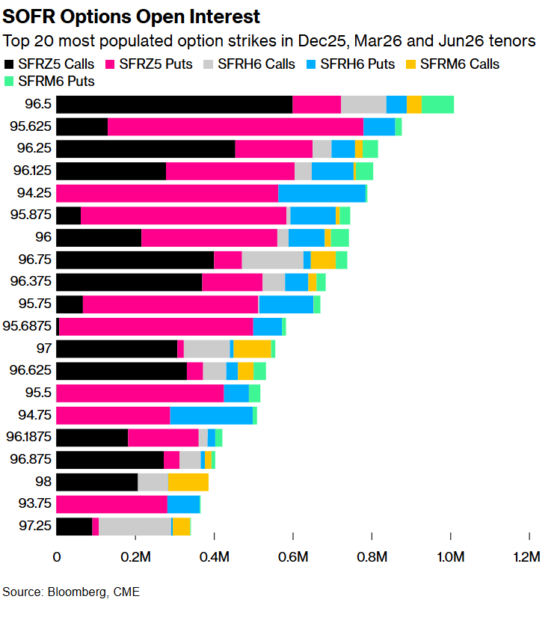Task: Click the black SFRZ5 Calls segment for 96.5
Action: [174, 105]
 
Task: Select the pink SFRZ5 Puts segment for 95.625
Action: [236, 127]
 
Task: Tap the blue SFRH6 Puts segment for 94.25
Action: [321, 194]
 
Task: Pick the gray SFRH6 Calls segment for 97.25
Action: [135, 527]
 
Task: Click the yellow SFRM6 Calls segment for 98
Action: [188, 482]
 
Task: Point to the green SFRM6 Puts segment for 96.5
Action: [437, 105]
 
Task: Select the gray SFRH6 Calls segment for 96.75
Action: [272, 260]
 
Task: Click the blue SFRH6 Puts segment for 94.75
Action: [211, 416]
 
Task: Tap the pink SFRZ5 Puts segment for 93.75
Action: [111, 504]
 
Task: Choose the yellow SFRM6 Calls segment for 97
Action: [252, 349]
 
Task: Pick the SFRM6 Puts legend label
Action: [57, 81]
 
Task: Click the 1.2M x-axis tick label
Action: [529, 556]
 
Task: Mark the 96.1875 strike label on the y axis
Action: [28, 438]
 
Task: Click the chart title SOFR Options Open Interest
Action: [132, 16]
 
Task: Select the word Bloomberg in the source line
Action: [76, 592]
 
